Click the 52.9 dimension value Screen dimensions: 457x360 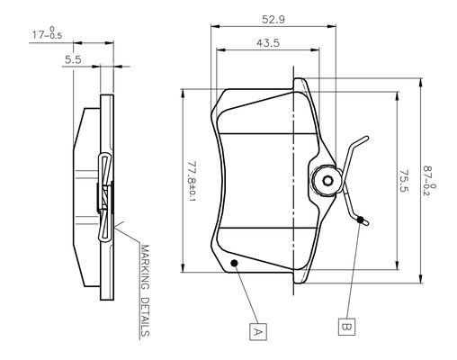[x=273, y=20]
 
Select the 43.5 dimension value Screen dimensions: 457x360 [x=268, y=43]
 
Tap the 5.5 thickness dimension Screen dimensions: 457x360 [x=73, y=59]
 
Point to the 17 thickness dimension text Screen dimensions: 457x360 [x=47, y=33]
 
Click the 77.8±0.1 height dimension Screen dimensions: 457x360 [x=192, y=182]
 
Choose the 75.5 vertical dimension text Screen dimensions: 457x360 [x=404, y=181]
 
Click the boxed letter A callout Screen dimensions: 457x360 [x=258, y=331]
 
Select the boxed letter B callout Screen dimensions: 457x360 [x=346, y=327]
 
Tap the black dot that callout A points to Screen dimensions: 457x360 [x=234, y=263]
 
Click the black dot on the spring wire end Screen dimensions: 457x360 [x=361, y=220]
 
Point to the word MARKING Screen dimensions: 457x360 [x=145, y=267]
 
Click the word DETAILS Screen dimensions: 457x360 [x=145, y=317]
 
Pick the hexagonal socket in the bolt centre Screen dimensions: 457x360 [x=327, y=181]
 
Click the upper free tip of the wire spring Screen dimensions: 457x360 [x=366, y=138]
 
